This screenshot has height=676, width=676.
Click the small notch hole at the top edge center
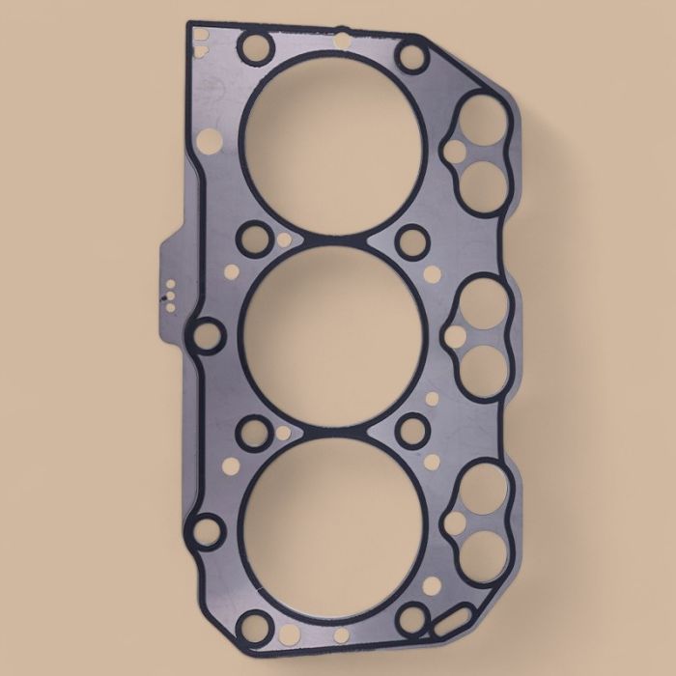[x=340, y=40]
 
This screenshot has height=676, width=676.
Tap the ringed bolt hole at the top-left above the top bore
[x=255, y=48]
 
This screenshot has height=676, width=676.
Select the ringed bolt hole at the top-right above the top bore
[x=413, y=56]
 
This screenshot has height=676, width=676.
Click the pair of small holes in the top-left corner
[x=201, y=37]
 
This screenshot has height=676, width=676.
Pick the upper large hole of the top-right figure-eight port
[x=484, y=119]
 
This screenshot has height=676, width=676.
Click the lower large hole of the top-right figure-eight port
[x=482, y=180]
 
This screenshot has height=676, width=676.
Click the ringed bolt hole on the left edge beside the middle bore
[x=206, y=336]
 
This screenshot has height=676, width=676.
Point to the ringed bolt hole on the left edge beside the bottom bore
[x=206, y=528]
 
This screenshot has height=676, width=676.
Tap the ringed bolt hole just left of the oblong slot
[x=412, y=616]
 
